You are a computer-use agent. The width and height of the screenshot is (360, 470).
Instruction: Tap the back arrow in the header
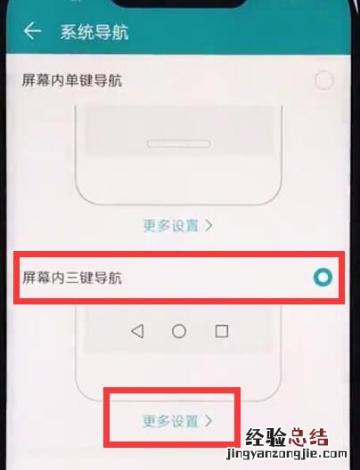32,31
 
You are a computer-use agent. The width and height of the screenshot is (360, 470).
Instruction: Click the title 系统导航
94,32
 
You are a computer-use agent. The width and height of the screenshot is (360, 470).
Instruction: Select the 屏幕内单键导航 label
72,81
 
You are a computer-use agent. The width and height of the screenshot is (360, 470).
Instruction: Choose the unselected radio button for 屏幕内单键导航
323,80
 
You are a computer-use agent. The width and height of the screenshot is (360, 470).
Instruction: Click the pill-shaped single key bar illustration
178,144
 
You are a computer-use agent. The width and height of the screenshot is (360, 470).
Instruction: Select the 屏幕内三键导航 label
72,278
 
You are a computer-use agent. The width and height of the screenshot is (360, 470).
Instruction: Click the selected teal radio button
323,277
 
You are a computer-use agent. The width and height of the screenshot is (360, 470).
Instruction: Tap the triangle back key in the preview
138,331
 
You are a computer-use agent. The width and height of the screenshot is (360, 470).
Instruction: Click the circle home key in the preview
179,331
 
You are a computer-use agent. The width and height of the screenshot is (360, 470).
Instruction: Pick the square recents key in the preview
222,331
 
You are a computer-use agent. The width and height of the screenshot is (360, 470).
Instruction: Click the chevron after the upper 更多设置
209,225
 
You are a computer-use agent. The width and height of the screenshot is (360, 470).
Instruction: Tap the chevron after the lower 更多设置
209,421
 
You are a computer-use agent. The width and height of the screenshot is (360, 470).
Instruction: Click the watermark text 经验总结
287,437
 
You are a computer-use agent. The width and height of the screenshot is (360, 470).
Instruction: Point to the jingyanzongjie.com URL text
287,454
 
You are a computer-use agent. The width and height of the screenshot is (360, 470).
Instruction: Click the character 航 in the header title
120,32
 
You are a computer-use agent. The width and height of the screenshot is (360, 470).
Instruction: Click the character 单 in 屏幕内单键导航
72,81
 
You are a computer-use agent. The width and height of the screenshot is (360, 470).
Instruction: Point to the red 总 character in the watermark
297,437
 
